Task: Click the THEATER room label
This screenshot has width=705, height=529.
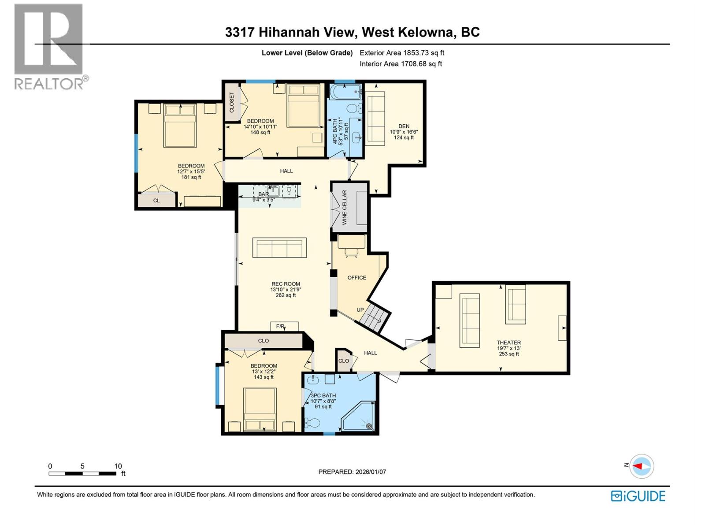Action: pos(508,343)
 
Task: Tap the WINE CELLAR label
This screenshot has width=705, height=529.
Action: pos(345,207)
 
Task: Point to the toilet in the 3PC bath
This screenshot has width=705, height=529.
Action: pos(312,423)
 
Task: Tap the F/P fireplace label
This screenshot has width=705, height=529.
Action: pos(280,326)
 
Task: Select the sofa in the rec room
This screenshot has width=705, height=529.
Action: pos(279,248)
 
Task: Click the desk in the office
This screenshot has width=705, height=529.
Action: pos(351,242)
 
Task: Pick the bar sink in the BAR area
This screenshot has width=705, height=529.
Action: pos(273,191)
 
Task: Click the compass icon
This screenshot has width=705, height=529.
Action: pos(642,466)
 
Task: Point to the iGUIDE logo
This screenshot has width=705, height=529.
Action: pos(638,496)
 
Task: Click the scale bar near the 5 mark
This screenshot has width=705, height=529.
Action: pos(82,473)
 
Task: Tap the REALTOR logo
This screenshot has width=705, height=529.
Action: pos(49,46)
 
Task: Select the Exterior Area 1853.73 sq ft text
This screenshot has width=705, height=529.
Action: pos(402,53)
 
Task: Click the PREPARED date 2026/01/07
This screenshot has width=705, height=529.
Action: pos(352,472)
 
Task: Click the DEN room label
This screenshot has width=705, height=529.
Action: pos(404,126)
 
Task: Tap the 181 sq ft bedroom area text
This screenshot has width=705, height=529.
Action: pos(191,177)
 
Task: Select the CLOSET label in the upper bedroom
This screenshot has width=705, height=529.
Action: pos(232,102)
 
